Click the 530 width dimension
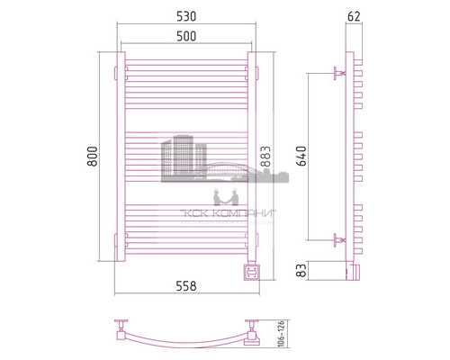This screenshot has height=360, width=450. (186, 16)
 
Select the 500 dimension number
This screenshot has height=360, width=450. (186, 36)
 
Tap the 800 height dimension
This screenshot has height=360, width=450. (93, 157)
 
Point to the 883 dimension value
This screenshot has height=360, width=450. (265, 157)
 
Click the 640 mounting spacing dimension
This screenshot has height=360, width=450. (301, 156)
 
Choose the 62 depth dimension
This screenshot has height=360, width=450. (354, 16)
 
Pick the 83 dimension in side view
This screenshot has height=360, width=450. (301, 270)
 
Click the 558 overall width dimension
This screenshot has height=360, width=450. (186, 286)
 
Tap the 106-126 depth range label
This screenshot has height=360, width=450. (281, 334)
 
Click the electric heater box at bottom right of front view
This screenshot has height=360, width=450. (252, 271)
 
